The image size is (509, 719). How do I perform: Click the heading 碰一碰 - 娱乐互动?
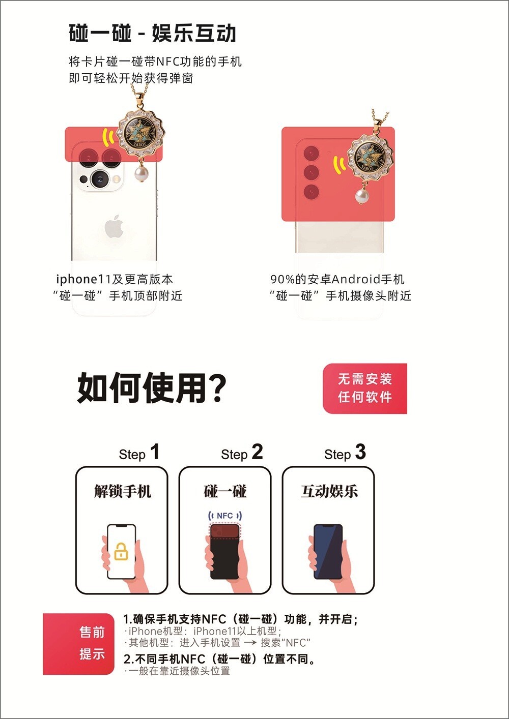(x=152, y=34)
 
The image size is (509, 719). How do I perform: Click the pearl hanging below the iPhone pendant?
(x=140, y=174)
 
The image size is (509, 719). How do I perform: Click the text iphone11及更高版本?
(x=115, y=279)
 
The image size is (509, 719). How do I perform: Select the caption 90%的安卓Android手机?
(x=337, y=279)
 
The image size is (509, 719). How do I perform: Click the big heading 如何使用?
(x=152, y=388)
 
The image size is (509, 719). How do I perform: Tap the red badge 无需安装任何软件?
(x=365, y=388)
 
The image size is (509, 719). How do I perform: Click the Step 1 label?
(x=139, y=453)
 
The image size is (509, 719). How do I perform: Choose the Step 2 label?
(x=242, y=453)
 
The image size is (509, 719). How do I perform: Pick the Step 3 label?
(x=345, y=453)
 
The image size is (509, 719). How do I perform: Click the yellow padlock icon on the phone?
(x=121, y=552)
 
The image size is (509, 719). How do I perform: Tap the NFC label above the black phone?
(x=224, y=516)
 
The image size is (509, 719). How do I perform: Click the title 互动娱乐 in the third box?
(x=329, y=491)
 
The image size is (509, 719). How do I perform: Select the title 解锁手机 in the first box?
(x=122, y=491)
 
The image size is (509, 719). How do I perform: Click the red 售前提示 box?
(x=79, y=644)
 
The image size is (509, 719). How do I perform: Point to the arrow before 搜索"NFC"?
(x=250, y=643)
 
